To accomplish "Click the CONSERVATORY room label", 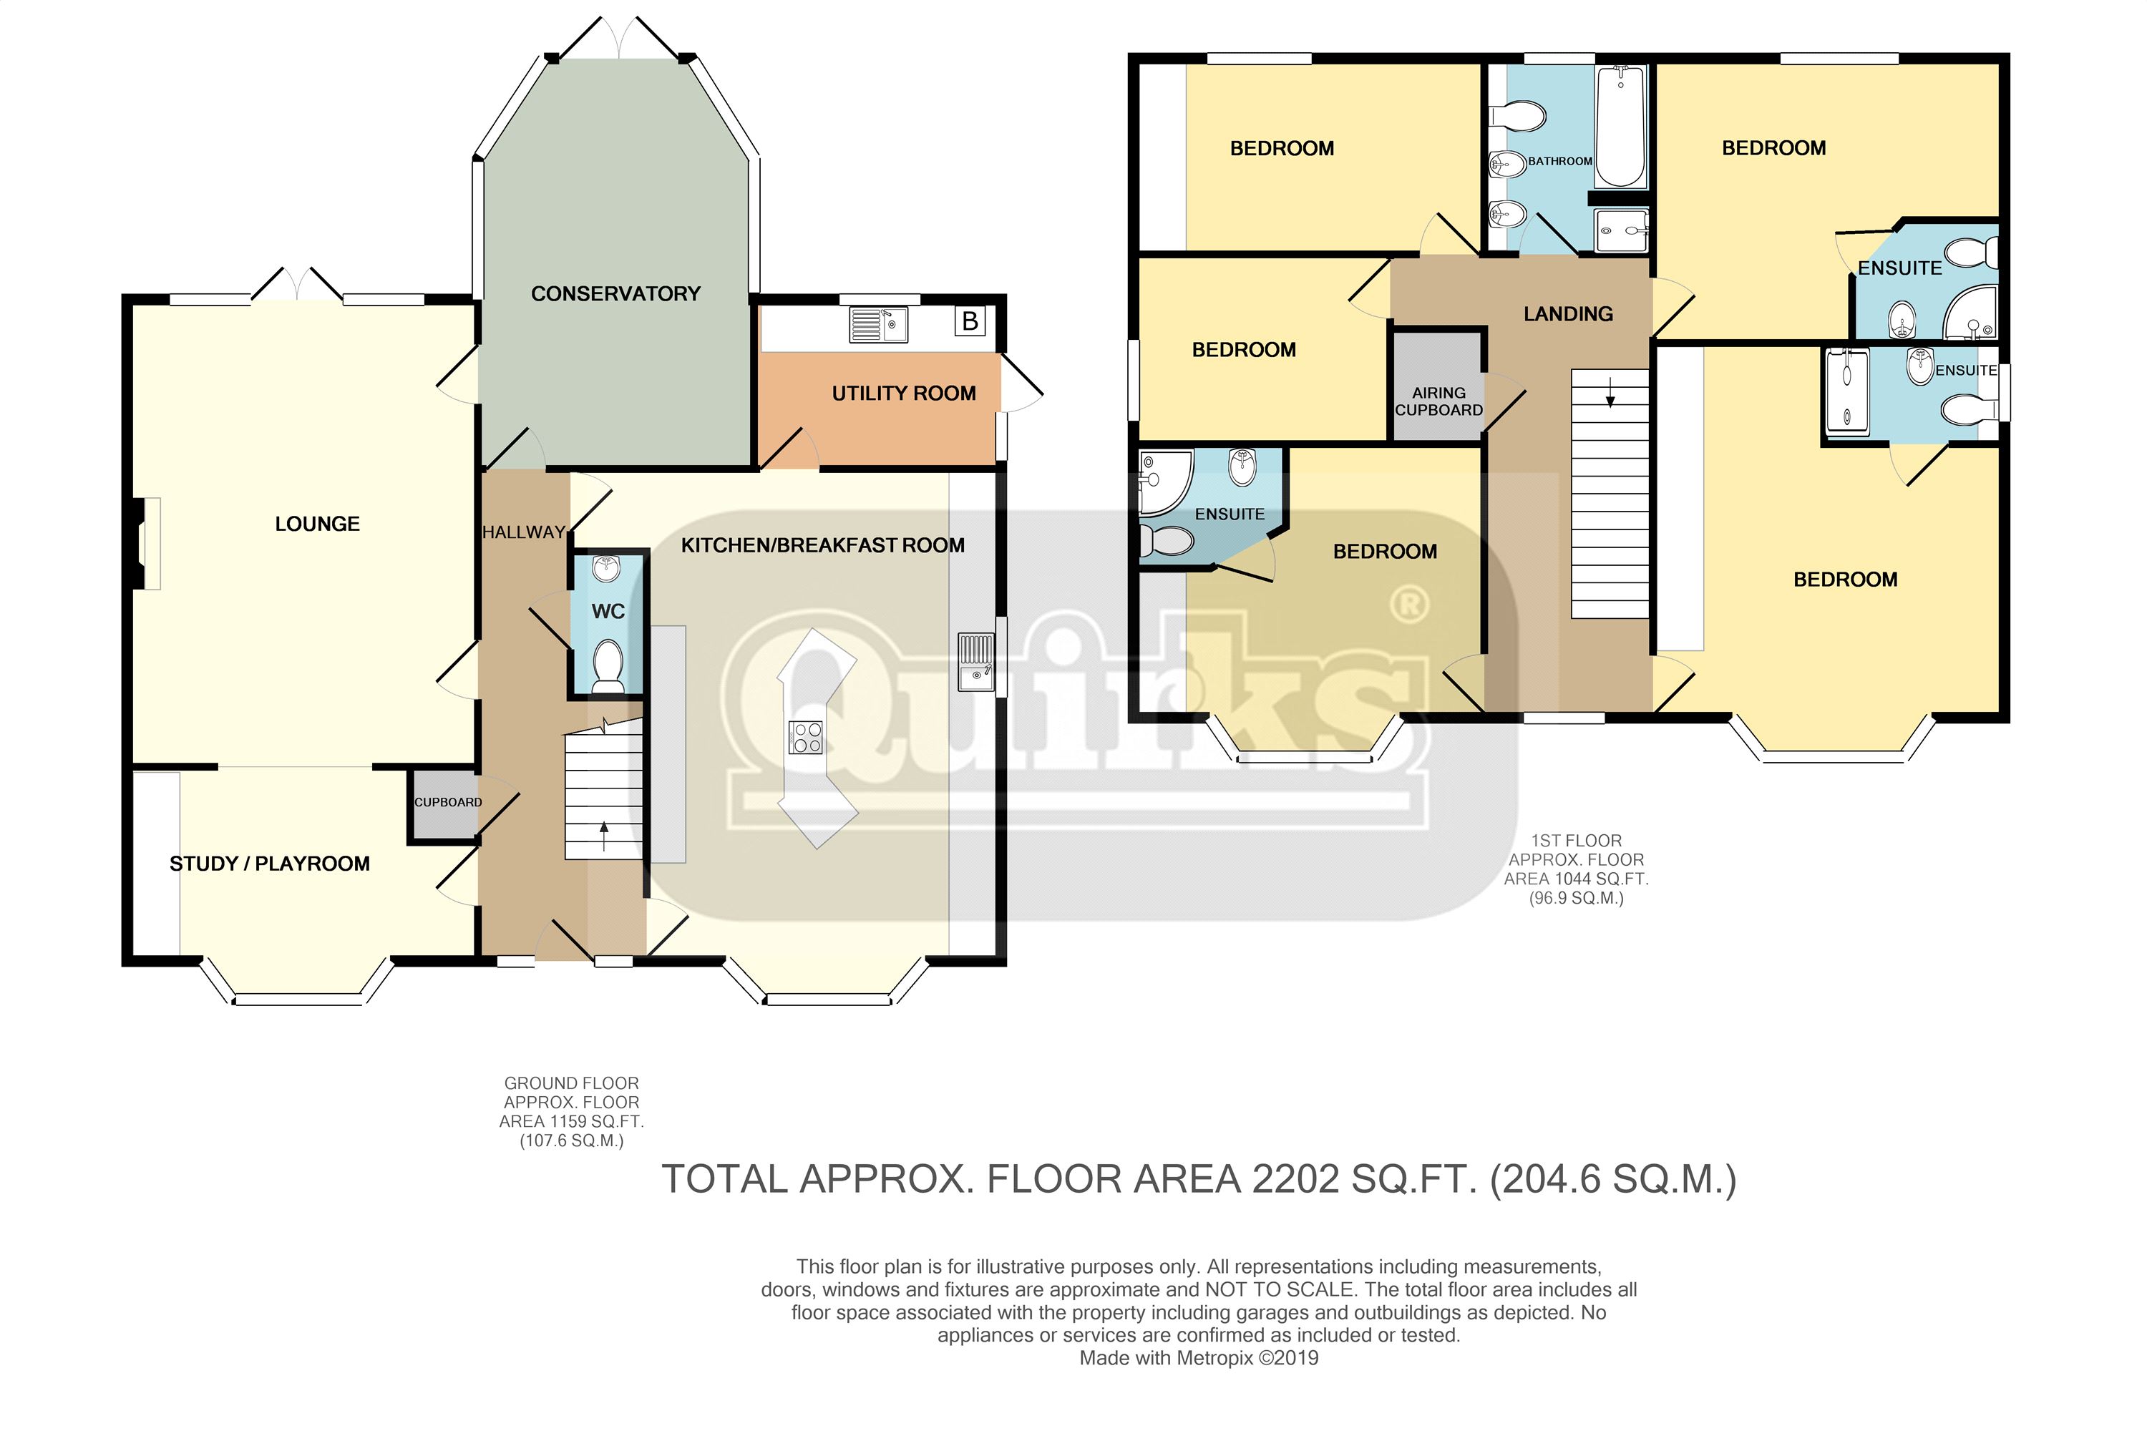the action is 615,294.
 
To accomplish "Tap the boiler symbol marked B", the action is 970,321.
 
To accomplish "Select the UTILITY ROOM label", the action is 904,394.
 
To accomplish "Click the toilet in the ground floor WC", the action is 608,666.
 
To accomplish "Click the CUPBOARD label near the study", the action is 448,802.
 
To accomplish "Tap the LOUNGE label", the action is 318,524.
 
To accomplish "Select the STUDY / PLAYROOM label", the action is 271,864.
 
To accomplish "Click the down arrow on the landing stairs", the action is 1610,394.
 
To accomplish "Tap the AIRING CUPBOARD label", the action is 1438,401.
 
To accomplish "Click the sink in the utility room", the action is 879,324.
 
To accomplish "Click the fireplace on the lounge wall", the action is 146,543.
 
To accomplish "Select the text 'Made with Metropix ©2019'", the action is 1199,1358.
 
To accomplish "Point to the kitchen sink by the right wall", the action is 977,663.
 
